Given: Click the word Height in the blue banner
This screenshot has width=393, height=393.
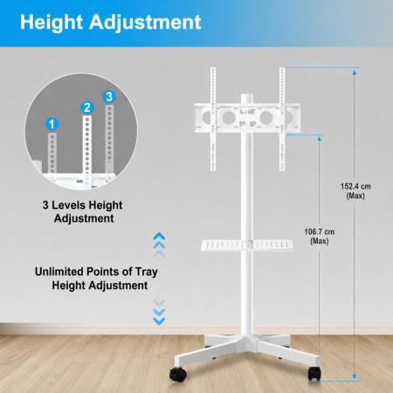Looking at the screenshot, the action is [52, 23].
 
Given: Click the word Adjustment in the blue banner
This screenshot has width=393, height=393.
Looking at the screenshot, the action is [145, 23].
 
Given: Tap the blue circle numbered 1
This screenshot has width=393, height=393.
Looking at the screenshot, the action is [52, 124].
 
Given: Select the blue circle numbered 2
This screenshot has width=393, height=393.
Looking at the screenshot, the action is [87, 107].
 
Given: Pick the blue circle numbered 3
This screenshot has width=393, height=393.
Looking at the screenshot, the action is [109, 97].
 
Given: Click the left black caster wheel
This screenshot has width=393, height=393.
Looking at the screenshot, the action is [178, 375].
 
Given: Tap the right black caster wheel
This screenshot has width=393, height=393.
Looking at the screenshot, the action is [314, 374].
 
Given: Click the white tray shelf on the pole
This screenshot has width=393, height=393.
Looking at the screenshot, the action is [247, 245].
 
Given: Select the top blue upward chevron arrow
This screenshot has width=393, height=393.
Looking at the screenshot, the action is [159, 236].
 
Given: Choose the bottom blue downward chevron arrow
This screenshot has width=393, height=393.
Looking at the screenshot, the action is [159, 321].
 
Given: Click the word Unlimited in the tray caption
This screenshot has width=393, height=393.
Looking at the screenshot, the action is [59, 272].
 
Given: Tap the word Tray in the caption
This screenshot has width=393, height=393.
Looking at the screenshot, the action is [147, 272].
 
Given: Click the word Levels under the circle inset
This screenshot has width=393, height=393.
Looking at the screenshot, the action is [66, 205].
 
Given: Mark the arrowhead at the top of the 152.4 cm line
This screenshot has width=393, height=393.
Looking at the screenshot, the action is [355, 72].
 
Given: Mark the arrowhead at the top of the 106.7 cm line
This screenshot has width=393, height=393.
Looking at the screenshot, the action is [320, 139].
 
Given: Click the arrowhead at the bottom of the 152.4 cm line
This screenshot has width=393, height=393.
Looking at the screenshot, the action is [355, 376].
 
